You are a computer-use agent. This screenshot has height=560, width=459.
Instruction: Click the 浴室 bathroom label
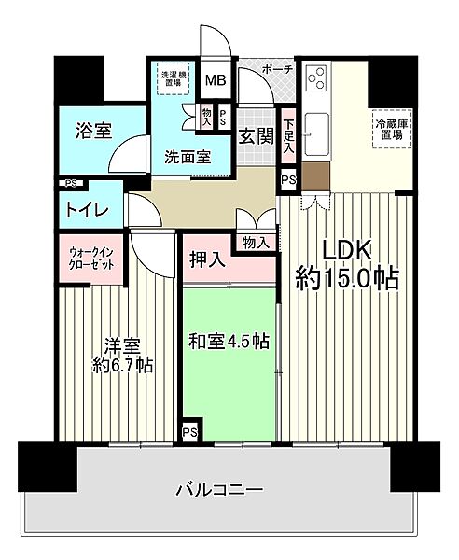tap(93, 131)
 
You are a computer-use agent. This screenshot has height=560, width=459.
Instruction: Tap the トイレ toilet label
tap(87, 211)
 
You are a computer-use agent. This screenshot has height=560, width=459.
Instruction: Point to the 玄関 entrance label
tap(255, 136)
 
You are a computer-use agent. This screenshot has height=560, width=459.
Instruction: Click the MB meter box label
tap(215, 81)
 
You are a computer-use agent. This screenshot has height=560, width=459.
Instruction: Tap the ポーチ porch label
tap(277, 70)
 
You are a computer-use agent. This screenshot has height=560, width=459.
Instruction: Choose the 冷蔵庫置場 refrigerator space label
tap(389, 130)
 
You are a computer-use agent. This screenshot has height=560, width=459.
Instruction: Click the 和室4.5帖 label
tap(229, 341)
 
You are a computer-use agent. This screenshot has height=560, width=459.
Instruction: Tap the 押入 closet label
tap(209, 260)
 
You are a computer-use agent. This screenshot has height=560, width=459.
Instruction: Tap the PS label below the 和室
tap(189, 431)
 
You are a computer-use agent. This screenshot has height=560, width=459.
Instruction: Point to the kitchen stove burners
tap(317, 79)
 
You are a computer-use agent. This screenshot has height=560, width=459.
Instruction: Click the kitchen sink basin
tap(317, 125)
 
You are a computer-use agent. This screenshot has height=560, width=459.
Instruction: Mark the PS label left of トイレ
tap(70, 184)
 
